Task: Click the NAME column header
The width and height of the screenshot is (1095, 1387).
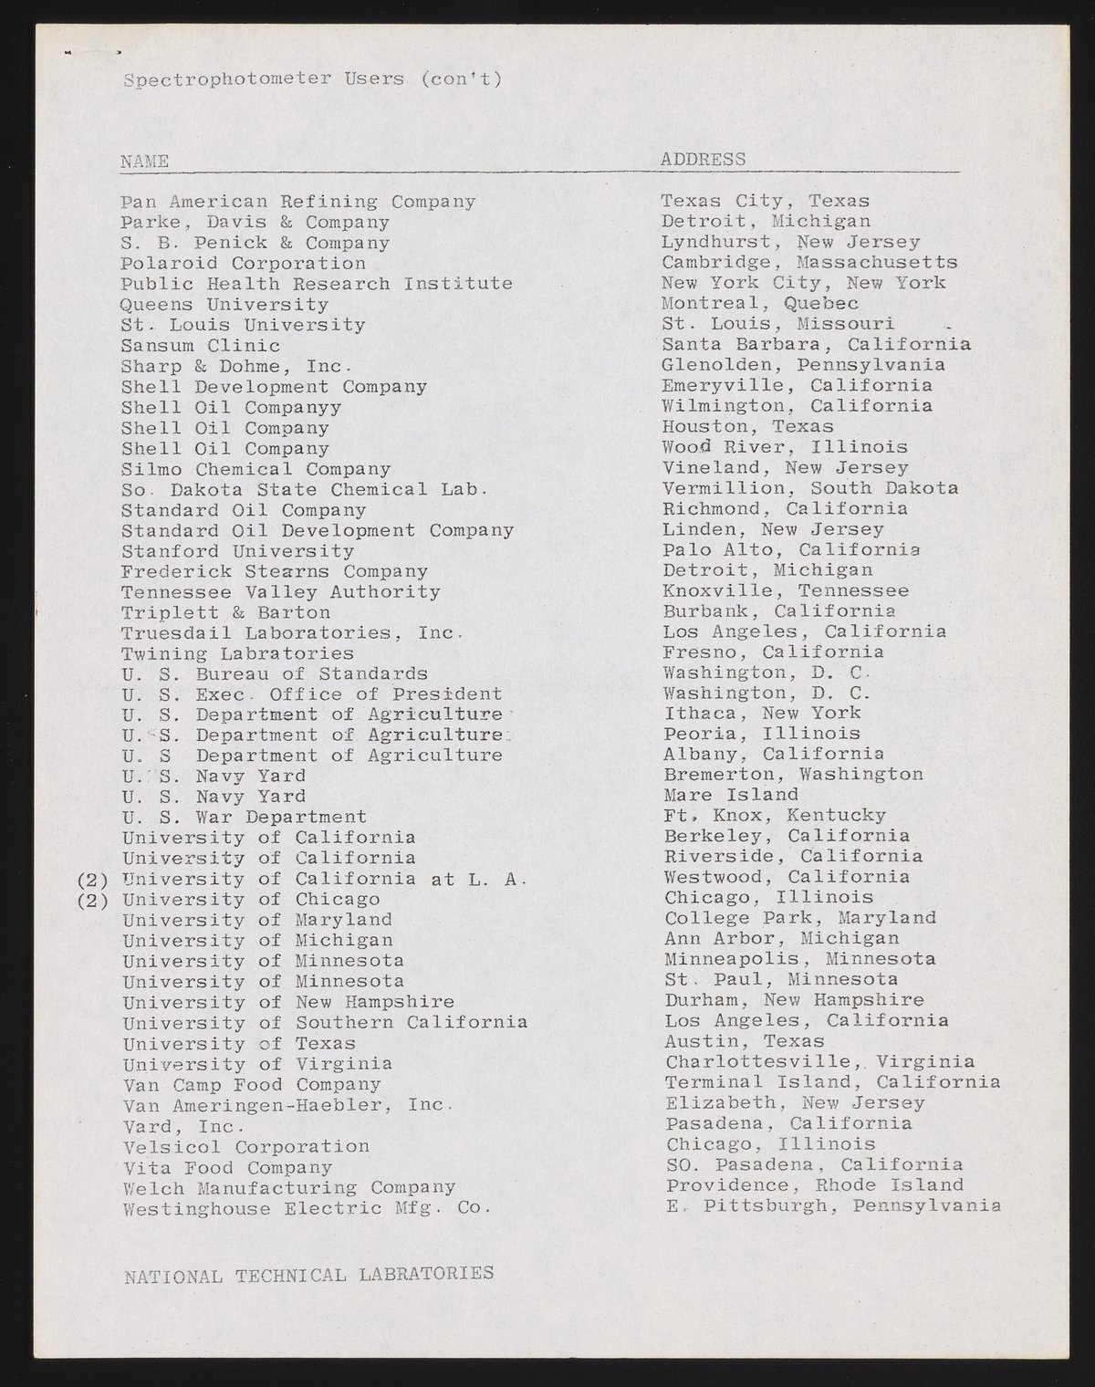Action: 145,162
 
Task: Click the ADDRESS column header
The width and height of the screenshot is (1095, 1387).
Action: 703,160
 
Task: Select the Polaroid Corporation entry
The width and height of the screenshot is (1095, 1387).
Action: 244,264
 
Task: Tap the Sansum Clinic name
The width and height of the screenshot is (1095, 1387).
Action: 201,346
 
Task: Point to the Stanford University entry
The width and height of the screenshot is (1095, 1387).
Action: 237,551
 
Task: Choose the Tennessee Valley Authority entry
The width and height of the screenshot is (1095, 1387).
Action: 281,592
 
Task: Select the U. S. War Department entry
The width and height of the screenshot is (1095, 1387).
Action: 245,817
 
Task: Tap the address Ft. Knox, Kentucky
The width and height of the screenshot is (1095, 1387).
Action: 775,815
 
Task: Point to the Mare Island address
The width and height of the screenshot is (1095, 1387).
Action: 730,795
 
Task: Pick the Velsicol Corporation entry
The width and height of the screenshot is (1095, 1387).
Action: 245,1147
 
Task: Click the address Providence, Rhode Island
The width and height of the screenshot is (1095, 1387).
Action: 814,1185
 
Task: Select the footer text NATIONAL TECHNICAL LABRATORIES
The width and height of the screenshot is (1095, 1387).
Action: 308,1274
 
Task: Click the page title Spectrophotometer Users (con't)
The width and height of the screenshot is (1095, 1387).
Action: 312,79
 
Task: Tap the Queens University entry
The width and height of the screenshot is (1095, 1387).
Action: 224,305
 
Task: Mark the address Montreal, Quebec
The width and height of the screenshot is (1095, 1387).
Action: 759,303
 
